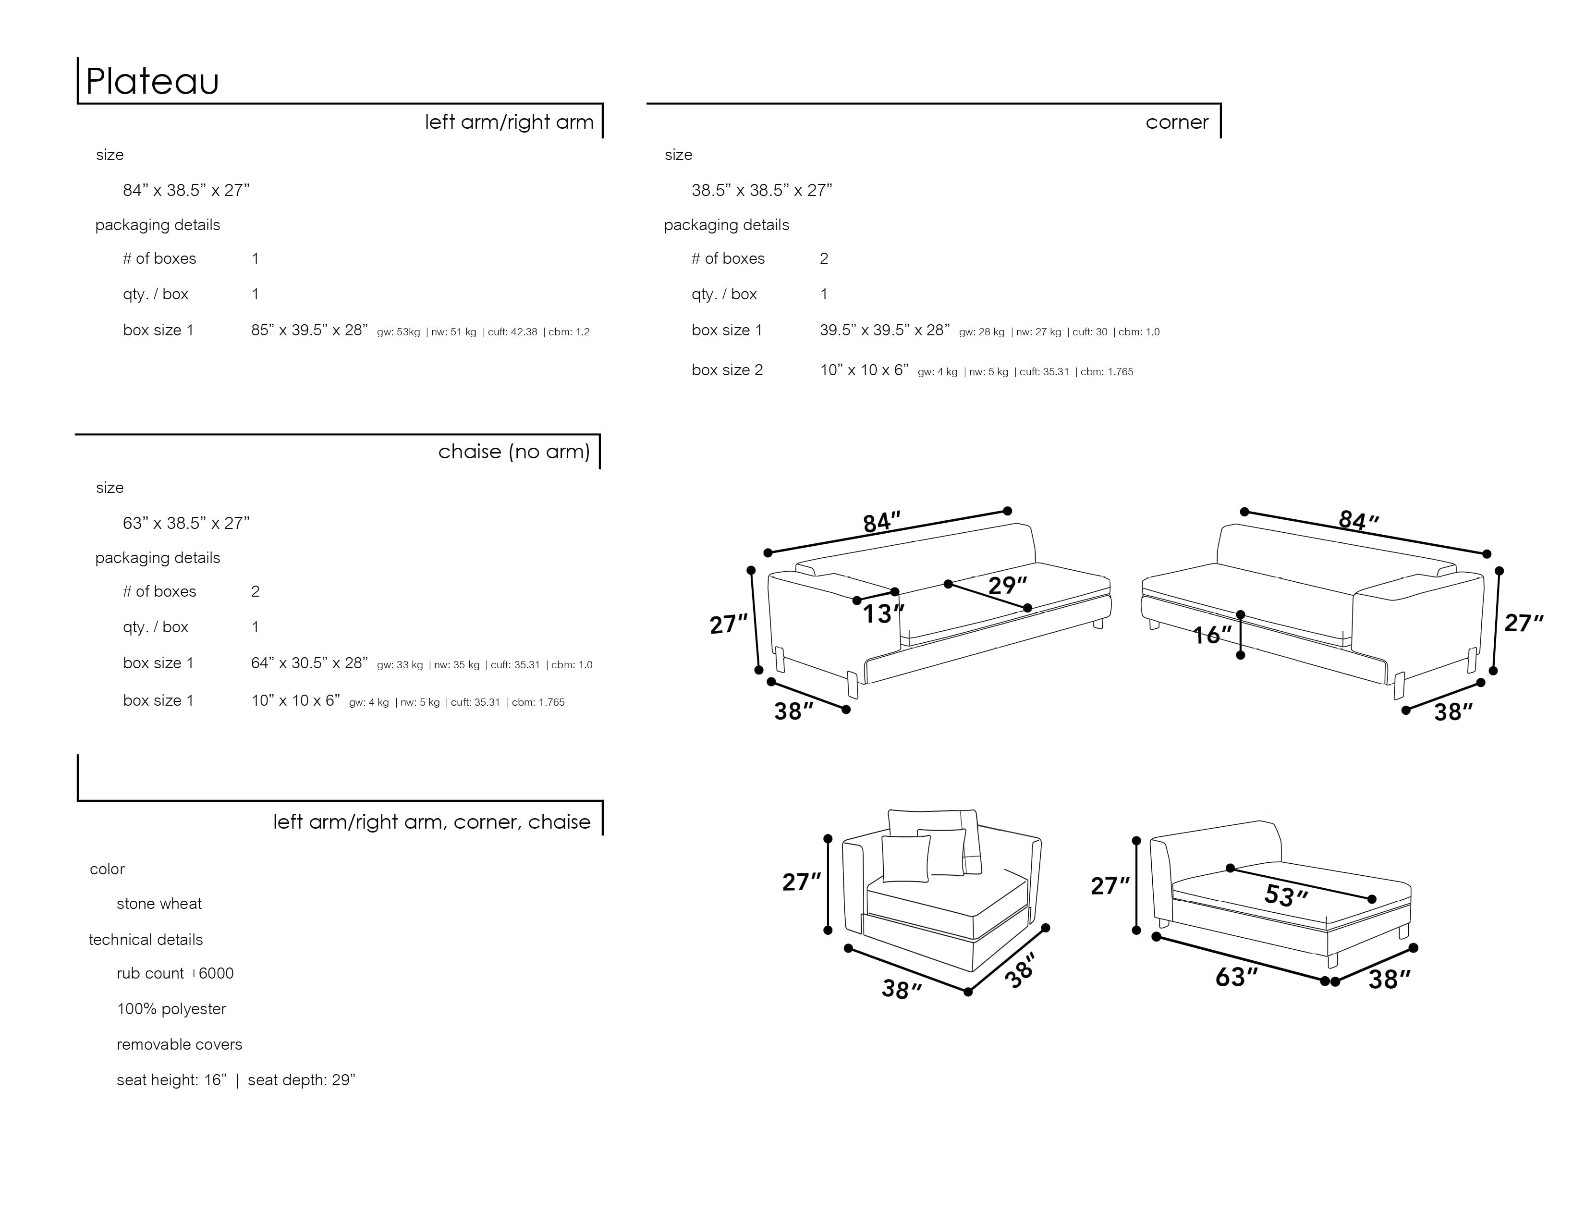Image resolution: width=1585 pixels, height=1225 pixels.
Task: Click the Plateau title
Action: tap(152, 81)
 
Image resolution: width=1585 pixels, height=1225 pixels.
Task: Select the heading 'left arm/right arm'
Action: tap(509, 122)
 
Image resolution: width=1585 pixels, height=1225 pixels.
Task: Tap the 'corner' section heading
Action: tap(1176, 122)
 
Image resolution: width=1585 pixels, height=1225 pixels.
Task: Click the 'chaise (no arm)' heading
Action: tap(514, 452)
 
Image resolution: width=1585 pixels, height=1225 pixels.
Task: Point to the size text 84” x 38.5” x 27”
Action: tap(186, 190)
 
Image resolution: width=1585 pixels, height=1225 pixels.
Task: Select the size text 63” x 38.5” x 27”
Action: tap(186, 523)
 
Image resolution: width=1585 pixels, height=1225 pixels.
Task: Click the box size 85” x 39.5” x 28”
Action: tap(309, 330)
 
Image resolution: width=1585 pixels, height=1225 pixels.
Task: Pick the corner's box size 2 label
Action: tap(727, 370)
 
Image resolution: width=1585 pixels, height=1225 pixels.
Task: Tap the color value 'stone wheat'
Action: tap(159, 904)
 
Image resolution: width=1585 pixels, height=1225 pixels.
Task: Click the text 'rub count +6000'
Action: tap(175, 973)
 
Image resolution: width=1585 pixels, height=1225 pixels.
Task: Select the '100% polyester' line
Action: tap(171, 1009)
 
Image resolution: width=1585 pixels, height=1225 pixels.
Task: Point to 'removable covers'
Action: tap(179, 1044)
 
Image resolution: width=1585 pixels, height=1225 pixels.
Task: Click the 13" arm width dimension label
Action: tap(882, 614)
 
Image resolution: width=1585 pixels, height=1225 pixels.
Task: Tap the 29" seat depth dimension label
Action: tap(1007, 585)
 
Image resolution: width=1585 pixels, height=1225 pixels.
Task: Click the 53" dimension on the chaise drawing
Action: tap(1285, 895)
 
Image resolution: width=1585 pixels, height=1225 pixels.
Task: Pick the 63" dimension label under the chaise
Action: tap(1236, 977)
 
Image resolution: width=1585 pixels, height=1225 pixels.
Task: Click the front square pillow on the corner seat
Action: tap(906, 858)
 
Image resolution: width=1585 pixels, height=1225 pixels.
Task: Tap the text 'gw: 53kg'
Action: tap(398, 332)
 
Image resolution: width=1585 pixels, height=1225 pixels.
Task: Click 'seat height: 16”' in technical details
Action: tap(171, 1080)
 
